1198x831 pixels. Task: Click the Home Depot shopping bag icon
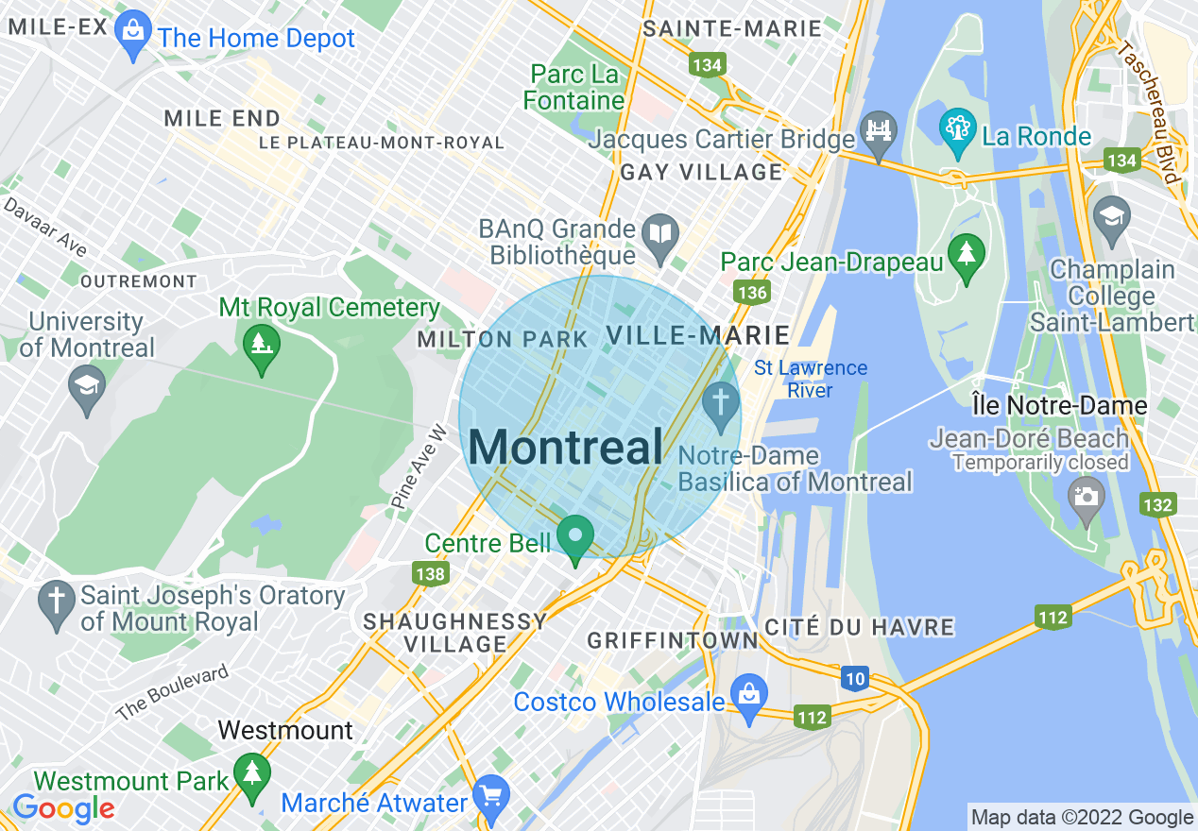[133, 35]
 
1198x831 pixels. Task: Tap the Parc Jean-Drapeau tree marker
[966, 256]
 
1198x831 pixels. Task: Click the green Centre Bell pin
[574, 538]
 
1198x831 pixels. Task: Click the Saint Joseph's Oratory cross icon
[57, 603]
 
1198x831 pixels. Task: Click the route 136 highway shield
[752, 292]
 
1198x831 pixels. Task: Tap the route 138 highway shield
[429, 573]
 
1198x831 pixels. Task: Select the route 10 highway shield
[855, 677]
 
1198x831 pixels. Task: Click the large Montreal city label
[565, 447]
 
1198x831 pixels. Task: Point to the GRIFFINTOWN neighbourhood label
[673, 640]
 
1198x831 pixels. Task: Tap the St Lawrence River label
[810, 379]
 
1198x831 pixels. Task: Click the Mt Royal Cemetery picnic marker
[262, 347]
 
